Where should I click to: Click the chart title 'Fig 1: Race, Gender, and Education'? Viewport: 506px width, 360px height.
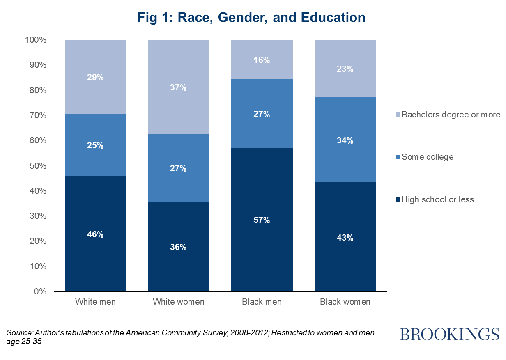251,17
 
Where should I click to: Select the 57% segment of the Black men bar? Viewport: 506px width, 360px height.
262,220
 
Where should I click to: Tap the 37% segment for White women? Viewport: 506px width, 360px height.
178,87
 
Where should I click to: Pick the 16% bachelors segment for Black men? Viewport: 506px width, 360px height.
262,60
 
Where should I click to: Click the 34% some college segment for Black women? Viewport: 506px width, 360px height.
345,140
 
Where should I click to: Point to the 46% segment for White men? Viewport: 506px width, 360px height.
95,234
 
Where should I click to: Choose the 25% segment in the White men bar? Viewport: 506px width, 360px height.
95,145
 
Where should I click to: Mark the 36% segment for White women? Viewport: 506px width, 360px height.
178,247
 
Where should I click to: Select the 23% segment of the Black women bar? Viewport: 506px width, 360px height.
345,69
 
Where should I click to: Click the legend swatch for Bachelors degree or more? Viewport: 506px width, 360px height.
397,115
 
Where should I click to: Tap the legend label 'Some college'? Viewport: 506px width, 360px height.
428,157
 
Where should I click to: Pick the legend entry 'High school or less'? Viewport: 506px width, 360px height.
437,200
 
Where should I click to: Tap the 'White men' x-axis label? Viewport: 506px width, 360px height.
95,302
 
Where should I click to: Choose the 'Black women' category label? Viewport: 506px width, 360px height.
345,302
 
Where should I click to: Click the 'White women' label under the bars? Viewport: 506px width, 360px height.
178,302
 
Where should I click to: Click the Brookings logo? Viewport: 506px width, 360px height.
450,334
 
